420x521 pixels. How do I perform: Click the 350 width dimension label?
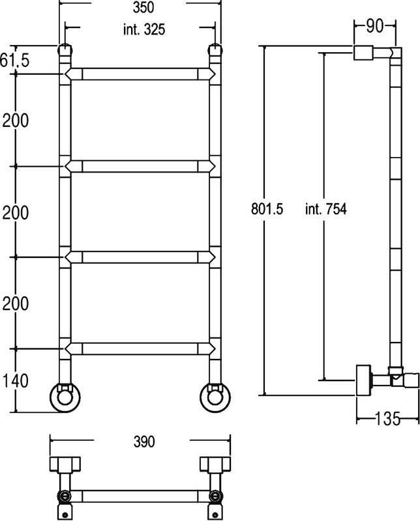click(x=143, y=7)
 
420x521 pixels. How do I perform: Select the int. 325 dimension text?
click(x=144, y=29)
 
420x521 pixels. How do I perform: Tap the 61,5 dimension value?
click(x=14, y=60)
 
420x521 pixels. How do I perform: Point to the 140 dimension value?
click(x=15, y=381)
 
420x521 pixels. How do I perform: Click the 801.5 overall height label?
click(x=267, y=209)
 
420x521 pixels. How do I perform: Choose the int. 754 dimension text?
click(x=326, y=209)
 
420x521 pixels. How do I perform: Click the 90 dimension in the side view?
click(x=375, y=26)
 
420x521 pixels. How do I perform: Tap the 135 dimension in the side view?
click(x=387, y=419)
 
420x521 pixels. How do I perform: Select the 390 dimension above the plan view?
click(x=144, y=442)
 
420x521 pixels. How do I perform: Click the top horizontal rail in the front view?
click(x=140, y=74)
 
